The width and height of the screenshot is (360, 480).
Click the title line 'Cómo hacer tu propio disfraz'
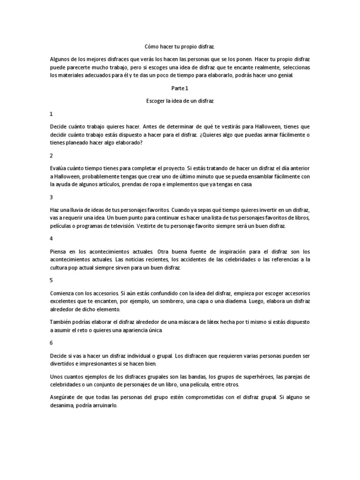click(x=180, y=47)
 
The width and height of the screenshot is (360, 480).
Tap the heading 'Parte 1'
click(x=180, y=88)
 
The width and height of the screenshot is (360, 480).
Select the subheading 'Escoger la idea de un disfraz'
click(x=180, y=101)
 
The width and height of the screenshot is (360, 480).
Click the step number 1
click(x=51, y=114)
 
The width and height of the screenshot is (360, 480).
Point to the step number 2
click(x=51, y=156)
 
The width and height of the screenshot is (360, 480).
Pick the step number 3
click(x=51, y=197)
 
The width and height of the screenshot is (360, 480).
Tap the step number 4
click(x=51, y=239)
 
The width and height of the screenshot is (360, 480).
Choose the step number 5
click(x=51, y=280)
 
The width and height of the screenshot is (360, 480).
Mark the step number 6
click(x=51, y=343)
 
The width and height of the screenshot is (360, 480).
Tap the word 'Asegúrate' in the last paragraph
click(x=63, y=397)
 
